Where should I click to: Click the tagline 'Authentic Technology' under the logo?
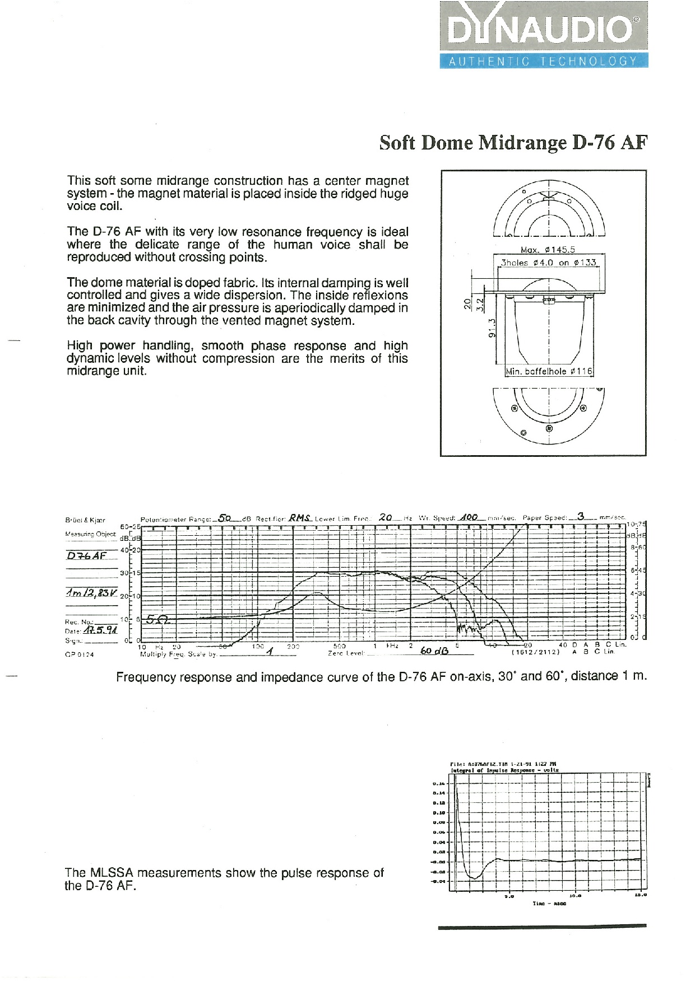[x=543, y=62]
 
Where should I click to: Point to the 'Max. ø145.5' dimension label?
[x=548, y=250]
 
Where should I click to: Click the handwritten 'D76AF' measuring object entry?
[x=86, y=555]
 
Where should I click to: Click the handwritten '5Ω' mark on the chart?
[x=153, y=619]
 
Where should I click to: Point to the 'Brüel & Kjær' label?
[x=85, y=520]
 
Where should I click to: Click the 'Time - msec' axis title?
[x=549, y=919]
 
